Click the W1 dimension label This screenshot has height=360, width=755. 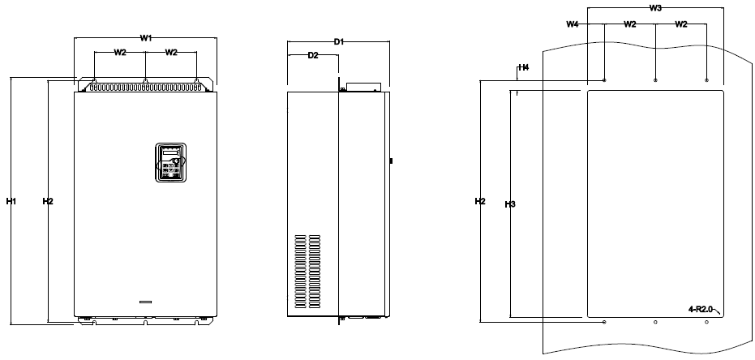146,38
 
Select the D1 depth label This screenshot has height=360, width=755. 339,42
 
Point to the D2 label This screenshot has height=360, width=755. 313,55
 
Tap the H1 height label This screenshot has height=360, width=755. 11,201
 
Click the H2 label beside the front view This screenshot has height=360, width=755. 48,201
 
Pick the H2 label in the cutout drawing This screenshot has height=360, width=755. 480,201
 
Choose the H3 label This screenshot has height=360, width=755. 510,204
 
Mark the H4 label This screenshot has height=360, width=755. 523,67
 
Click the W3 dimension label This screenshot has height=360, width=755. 655,7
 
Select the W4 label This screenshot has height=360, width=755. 572,24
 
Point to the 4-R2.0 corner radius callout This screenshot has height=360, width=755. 701,310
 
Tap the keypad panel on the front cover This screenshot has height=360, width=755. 170,162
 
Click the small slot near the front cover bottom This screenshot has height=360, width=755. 145,302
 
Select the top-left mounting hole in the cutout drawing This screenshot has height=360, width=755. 604,80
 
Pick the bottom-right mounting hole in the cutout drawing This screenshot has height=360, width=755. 706,322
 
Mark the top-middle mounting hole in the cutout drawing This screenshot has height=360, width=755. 655,80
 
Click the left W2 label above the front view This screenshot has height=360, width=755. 120,53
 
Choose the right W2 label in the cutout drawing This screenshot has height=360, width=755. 681,24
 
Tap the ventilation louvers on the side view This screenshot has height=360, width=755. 307,272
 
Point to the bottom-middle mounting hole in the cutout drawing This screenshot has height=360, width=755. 655,322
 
